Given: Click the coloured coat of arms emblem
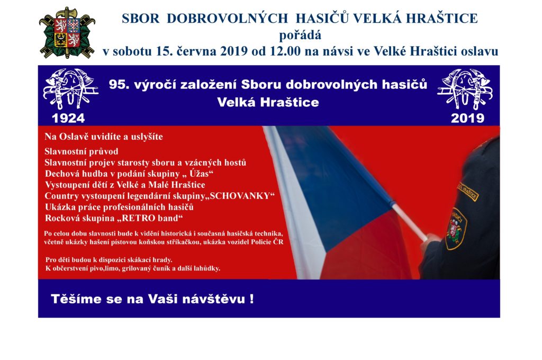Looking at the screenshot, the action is click(67, 33).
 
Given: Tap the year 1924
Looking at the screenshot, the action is click(68, 118).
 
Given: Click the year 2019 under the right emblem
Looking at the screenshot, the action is click(467, 118).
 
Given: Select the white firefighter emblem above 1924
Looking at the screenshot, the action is click(70, 89).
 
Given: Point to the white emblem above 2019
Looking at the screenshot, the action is click(465, 89).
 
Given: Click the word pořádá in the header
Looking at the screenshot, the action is click(300, 35).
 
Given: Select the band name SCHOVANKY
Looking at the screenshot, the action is click(240, 196).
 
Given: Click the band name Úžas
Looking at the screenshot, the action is click(199, 173).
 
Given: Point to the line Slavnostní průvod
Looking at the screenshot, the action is click(81, 151).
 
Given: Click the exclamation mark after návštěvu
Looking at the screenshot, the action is click(251, 299).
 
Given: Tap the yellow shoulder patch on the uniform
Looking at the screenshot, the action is click(468, 191).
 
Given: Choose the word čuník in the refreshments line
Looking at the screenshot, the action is click(161, 268).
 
